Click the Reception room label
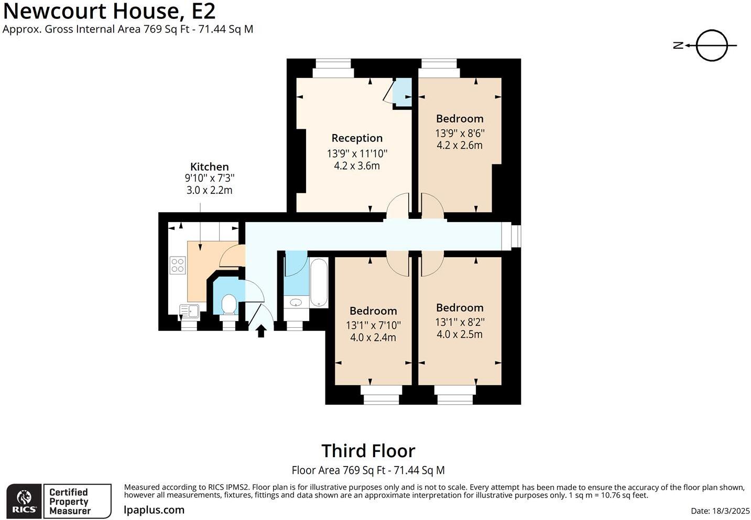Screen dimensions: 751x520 (357, 138)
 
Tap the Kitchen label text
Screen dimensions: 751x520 (210, 167)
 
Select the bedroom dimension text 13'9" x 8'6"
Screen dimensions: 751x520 (460, 133)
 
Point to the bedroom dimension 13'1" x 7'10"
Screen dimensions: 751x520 (373, 325)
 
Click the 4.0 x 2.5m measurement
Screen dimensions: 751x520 (460, 334)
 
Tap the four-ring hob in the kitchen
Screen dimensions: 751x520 (177, 265)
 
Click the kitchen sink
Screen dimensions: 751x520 (189, 311)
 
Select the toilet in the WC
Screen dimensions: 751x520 (229, 304)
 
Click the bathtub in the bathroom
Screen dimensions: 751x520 (319, 282)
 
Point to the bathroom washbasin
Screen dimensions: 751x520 (296, 303)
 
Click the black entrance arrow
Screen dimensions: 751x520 (261, 331)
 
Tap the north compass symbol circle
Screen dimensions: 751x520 (712, 46)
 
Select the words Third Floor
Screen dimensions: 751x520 (368, 451)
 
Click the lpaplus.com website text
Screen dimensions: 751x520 (154, 510)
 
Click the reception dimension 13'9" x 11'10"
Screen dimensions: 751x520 (357, 153)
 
